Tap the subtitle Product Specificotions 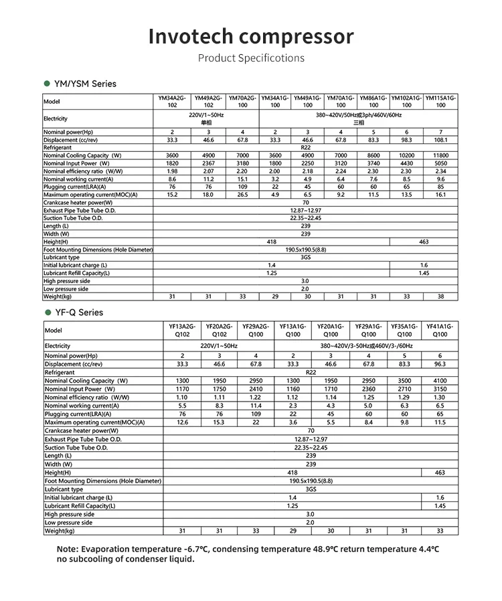tap(251, 58)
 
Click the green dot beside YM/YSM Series tap(47, 84)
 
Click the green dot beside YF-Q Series tap(48, 313)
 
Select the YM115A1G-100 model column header tap(440, 102)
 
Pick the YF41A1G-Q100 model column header tap(440, 330)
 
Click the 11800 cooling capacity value tap(440, 155)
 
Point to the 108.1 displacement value tap(440, 140)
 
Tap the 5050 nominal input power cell tap(440, 163)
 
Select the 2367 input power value tap(208, 163)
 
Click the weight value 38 tap(440, 296)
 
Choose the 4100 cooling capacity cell tap(440, 381)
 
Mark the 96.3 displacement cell tap(440, 364)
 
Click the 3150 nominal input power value tap(440, 389)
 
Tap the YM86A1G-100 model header tap(373, 102)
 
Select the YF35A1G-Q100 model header tap(404, 330)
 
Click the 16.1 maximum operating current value tap(440, 195)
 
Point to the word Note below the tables tap(68, 549)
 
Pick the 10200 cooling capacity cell tap(407, 155)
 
